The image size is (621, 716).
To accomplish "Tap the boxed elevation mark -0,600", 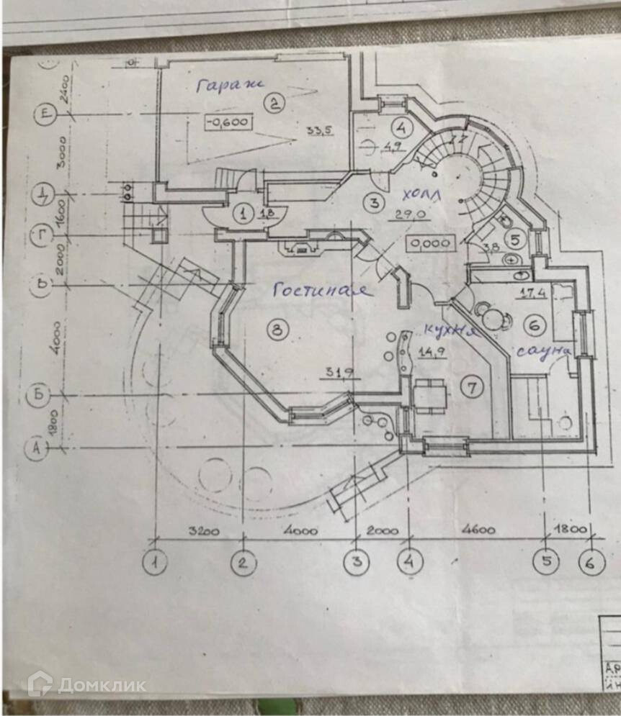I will [228, 122].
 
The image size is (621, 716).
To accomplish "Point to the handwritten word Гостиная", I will [322, 290].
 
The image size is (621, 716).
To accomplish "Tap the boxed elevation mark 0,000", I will [429, 244].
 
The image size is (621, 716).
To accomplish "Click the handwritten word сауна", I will [542, 350].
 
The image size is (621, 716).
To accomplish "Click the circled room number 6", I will [534, 326].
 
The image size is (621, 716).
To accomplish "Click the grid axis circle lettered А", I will [36, 449].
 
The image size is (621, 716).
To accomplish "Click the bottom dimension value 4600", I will [477, 531].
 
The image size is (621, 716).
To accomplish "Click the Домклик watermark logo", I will [86, 684].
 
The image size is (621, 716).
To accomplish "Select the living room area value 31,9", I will [333, 373].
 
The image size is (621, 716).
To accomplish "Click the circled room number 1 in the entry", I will [244, 214].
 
